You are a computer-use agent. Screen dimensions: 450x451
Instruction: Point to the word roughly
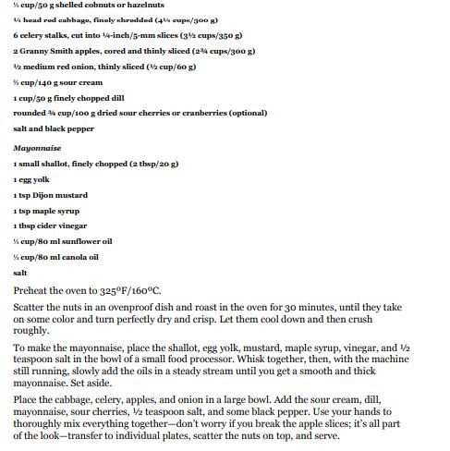tap(30, 330)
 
